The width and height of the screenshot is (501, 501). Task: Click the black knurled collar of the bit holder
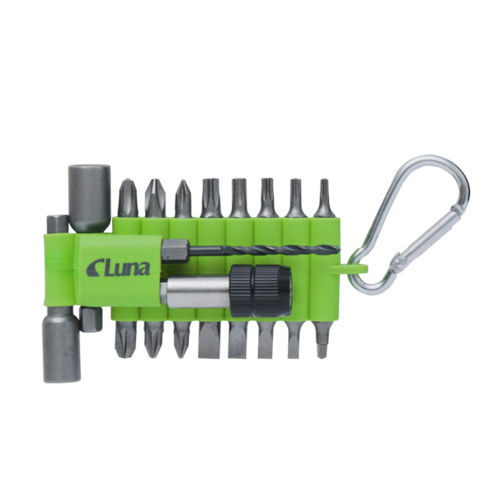pos(261,290)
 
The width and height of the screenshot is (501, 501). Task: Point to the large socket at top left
pos(89,198)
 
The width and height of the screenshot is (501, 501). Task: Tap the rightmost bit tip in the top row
pos(323,198)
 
